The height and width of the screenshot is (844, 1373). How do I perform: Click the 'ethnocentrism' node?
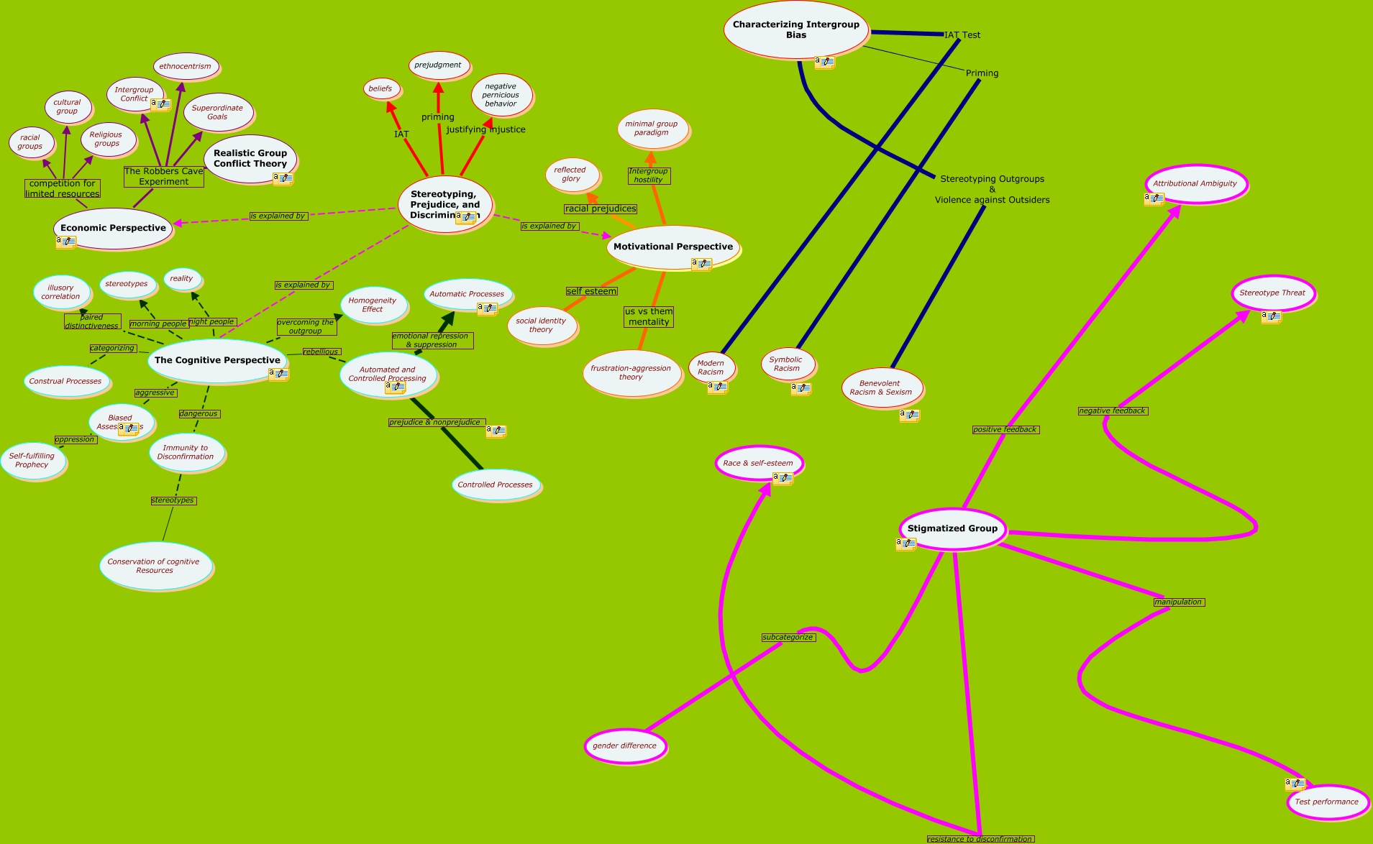pos(185,66)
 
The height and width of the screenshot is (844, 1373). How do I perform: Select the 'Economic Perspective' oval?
pos(113,228)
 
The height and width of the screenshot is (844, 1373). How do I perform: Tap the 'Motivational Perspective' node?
pos(672,247)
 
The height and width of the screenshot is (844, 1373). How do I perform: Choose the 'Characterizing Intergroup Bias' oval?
pos(795,29)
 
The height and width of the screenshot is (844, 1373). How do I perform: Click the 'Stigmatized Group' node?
pos(952,528)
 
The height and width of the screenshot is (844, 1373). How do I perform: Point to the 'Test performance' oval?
pos(1326,802)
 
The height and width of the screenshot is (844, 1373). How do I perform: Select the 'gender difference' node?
pos(624,746)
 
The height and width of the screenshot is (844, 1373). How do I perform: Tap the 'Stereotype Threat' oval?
pos(1272,293)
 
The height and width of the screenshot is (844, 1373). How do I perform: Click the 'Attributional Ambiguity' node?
pos(1195,183)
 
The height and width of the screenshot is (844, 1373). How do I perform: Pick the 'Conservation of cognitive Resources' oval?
pos(154,566)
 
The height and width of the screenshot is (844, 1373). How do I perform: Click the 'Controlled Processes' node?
pos(495,485)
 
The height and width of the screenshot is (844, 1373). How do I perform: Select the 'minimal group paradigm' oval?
pos(651,128)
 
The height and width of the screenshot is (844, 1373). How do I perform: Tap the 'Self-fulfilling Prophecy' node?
pos(32,460)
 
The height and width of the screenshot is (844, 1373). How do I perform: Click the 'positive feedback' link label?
pos(1005,429)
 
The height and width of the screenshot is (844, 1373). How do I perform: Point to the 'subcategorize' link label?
pos(788,638)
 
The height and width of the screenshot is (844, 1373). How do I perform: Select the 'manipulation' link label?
pos(1178,602)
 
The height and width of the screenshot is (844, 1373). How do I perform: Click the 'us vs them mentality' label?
pos(649,316)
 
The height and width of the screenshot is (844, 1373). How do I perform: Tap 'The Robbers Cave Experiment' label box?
pos(163,176)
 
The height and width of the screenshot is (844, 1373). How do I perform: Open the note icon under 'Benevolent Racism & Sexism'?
pos(909,415)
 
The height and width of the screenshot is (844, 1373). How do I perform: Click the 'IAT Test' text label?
pos(962,35)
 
